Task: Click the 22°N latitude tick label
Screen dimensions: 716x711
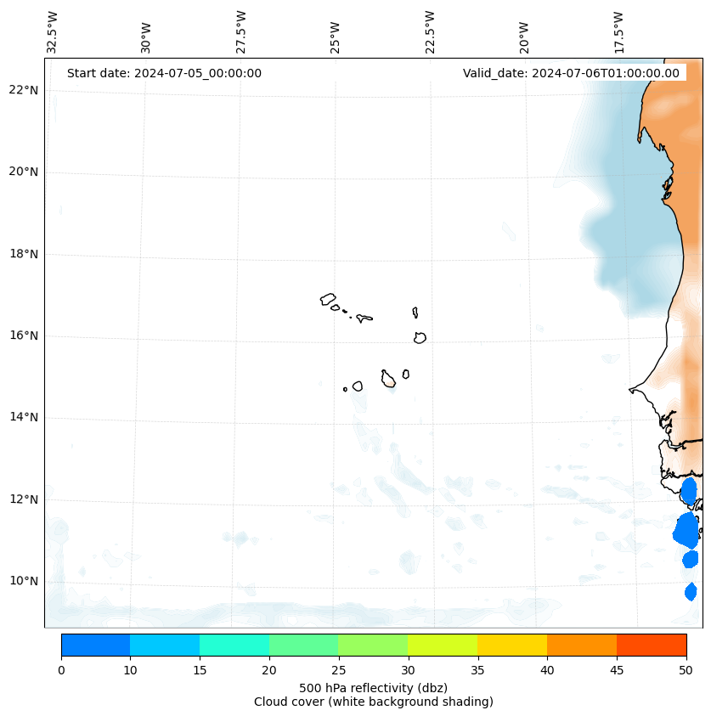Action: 24,90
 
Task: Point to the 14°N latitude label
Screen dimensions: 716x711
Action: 24,417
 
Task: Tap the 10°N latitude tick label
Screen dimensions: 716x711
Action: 24,581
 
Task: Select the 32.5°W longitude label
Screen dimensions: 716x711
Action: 53,31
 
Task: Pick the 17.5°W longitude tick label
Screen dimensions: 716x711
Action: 619,31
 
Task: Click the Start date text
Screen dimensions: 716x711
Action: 164,73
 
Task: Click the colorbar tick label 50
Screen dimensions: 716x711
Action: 686,671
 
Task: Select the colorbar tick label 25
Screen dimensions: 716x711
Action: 338,671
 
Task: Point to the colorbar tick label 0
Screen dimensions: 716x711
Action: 61,671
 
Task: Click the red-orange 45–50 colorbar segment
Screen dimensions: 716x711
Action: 652,645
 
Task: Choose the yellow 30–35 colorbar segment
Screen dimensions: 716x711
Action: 443,645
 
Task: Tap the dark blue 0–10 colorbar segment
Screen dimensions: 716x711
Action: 95,645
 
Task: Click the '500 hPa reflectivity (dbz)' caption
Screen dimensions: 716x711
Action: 373,687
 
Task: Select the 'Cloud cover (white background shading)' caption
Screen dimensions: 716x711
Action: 373,702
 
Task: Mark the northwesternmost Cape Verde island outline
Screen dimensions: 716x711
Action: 328,299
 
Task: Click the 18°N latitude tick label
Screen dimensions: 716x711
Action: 24,254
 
